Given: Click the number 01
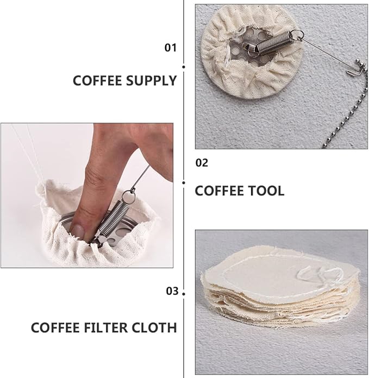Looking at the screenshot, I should (x=171, y=48).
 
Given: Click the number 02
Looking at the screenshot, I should (x=202, y=162).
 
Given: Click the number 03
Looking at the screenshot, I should (x=172, y=291).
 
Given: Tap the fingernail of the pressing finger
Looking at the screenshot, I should (x=77, y=232).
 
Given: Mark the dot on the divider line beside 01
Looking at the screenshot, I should (x=184, y=67).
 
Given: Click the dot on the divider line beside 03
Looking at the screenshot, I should (x=184, y=293).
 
